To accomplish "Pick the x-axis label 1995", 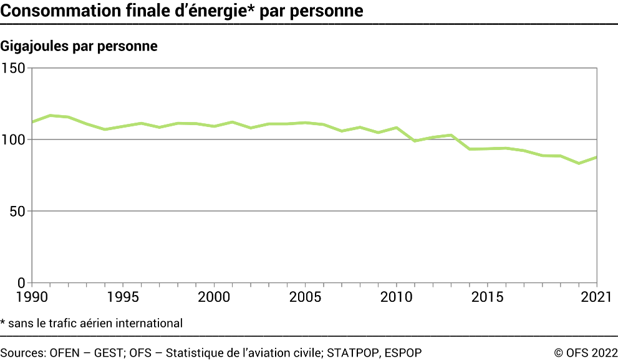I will pyautogui.click(x=123, y=295).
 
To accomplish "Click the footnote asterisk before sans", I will pyautogui.click(x=3, y=322).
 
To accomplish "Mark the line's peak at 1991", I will pyautogui.click(x=51, y=115).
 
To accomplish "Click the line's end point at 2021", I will pyautogui.click(x=597, y=157).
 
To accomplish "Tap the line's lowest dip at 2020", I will pyautogui.click(x=579, y=163).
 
